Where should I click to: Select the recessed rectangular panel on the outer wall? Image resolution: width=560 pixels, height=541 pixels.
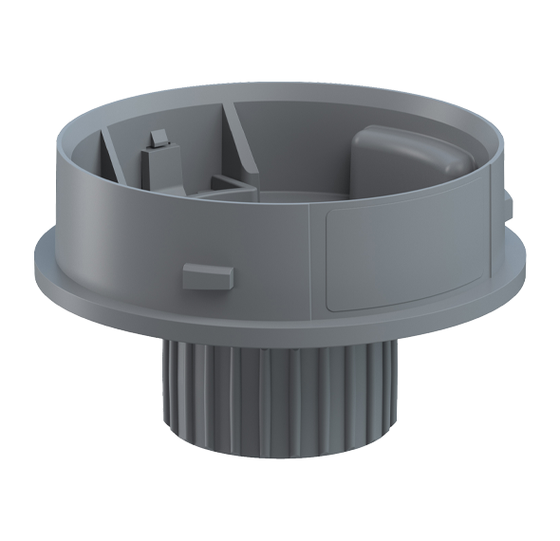tap(402, 256)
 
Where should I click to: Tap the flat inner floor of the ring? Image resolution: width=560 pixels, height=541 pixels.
tap(304, 199)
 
